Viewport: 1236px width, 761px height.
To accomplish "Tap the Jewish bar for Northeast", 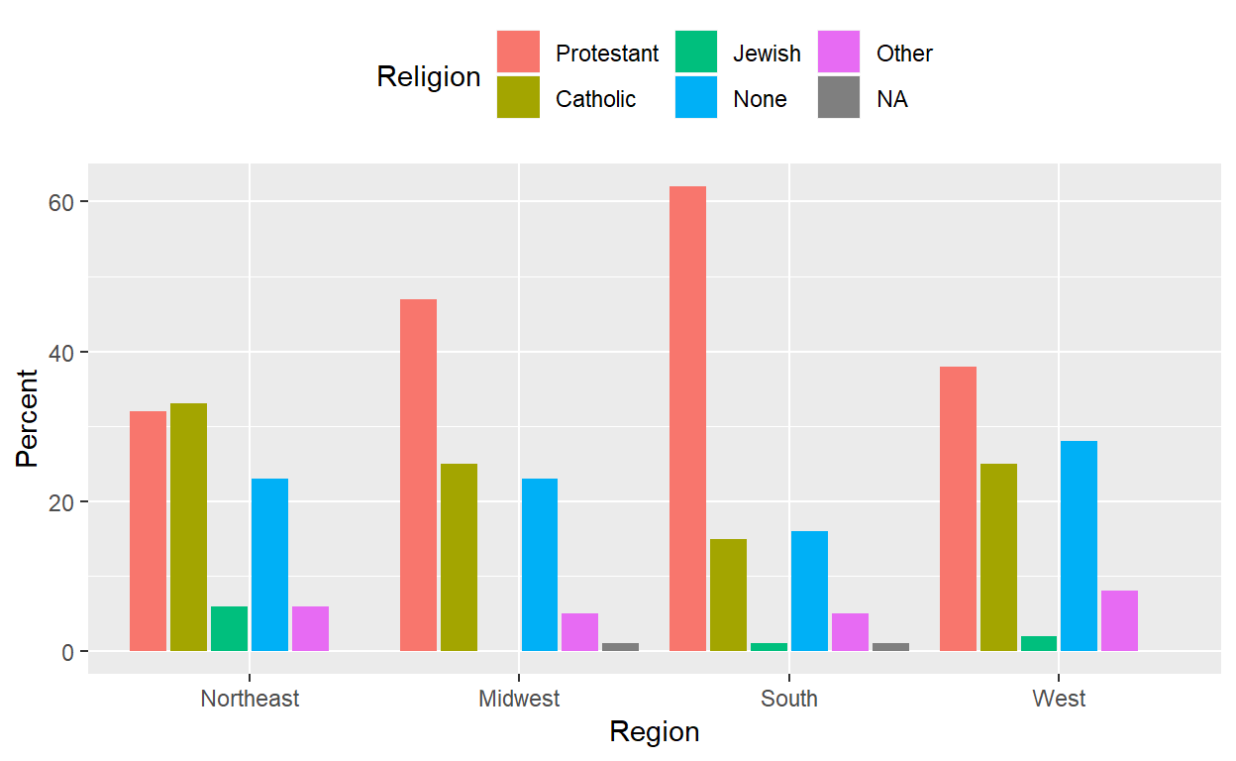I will [229, 628].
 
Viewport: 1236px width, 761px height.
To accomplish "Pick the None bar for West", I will [1079, 546].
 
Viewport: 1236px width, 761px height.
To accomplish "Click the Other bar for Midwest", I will [579, 632].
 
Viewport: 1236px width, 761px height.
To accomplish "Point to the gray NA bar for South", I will [890, 647].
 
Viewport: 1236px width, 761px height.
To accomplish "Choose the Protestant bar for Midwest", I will [418, 475].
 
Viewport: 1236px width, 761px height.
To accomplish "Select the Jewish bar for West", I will [1038, 643].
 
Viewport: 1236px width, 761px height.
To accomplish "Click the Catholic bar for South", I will [728, 595].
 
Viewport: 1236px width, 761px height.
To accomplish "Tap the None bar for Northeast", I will [269, 565].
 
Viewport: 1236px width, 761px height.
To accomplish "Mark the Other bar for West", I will [1119, 620].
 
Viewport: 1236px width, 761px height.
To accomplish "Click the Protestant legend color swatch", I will [518, 53].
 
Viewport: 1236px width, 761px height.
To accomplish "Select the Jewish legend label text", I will [767, 54].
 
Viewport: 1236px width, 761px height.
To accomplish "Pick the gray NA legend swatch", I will [839, 98].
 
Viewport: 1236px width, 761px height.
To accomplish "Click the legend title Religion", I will [428, 76].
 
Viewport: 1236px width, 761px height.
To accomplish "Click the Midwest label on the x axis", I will [519, 699].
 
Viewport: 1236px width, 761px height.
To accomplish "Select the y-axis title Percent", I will [27, 417].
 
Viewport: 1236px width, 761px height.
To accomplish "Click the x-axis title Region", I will [654, 732].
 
